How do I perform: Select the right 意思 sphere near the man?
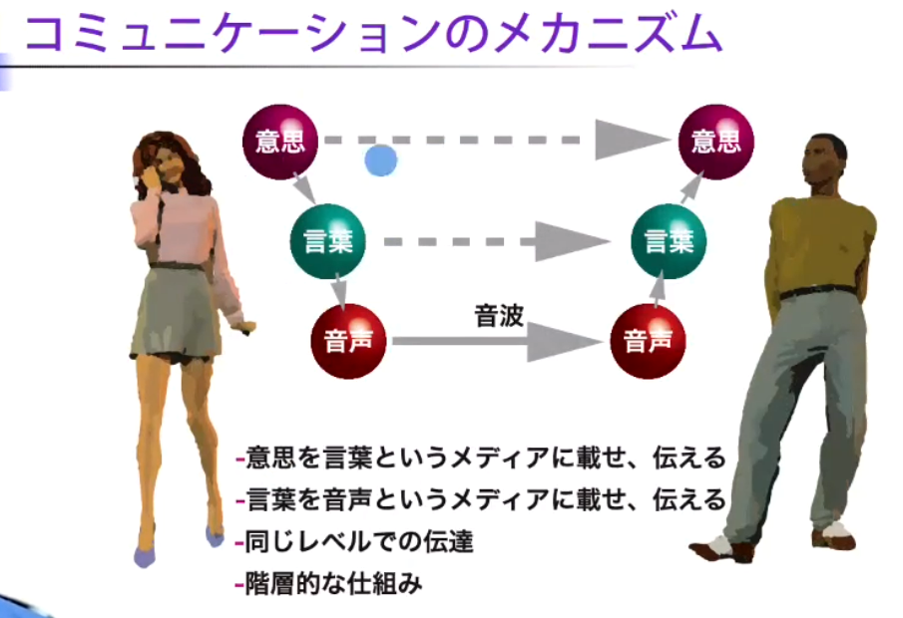coord(715,141)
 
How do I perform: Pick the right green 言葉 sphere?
coord(669,241)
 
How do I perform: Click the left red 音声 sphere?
coord(349,341)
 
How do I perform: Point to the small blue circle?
coord(380,159)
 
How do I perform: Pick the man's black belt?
coord(817,292)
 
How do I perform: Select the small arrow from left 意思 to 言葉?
coord(301,185)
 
